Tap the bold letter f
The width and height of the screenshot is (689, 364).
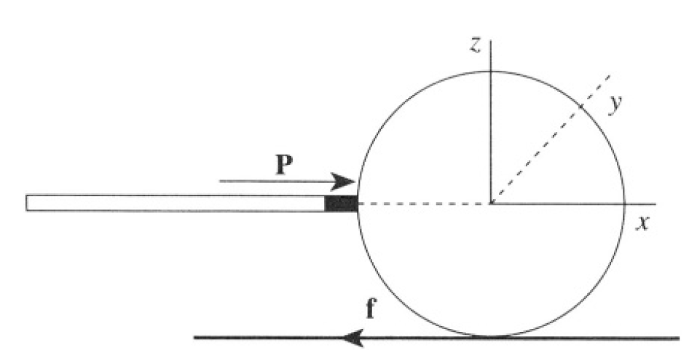(371, 308)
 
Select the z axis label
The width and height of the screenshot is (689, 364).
(475, 45)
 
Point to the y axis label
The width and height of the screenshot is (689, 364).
(616, 104)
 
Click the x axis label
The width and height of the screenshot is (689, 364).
(642, 224)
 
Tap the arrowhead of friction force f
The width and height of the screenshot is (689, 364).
(354, 338)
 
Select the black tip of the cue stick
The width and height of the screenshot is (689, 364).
(341, 204)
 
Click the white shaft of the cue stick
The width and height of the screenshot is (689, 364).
(176, 203)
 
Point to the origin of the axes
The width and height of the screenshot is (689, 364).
(491, 204)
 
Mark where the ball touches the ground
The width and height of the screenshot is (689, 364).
(491, 337)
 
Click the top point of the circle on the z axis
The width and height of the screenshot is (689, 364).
(491, 71)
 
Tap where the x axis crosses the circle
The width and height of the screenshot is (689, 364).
(624, 204)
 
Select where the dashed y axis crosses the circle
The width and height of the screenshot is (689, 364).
(580, 106)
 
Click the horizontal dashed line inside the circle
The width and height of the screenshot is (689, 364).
(425, 204)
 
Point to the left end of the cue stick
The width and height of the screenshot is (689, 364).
(26, 203)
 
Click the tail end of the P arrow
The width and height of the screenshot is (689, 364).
(220, 181)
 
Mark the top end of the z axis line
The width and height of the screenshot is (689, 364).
(491, 41)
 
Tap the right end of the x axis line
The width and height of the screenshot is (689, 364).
(655, 204)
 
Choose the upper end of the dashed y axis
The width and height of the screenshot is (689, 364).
(610, 76)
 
